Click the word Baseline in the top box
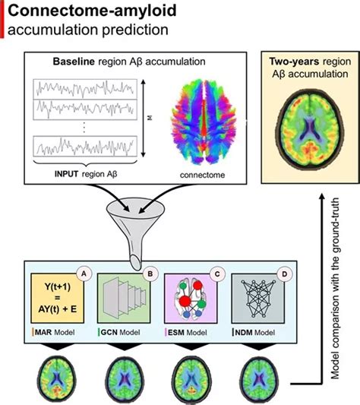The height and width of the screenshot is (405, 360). pyautogui.click(x=74, y=61)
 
